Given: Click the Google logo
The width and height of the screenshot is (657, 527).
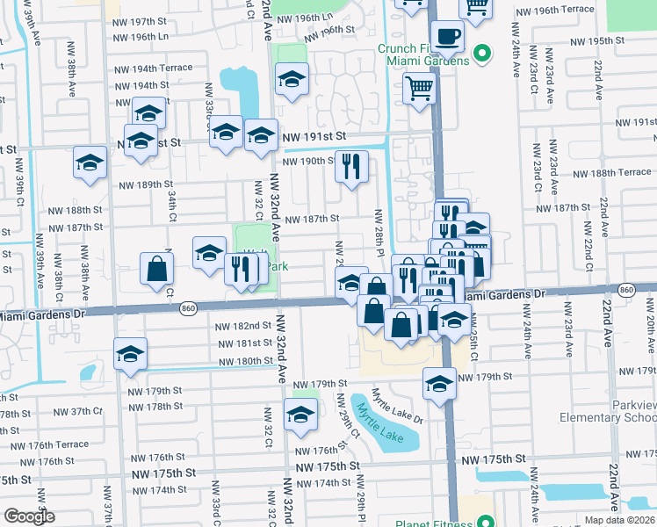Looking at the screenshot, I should pyautogui.click(x=29, y=516).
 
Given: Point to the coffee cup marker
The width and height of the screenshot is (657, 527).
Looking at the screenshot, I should pyautogui.click(x=448, y=36).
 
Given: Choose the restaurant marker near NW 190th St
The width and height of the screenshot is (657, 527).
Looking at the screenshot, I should pyautogui.click(x=351, y=166).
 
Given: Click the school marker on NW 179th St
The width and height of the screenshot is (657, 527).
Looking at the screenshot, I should pyautogui.click(x=440, y=384).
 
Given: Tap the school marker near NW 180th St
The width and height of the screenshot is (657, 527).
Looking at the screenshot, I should pyautogui.click(x=131, y=354).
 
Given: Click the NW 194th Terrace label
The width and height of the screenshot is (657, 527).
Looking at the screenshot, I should pyautogui.click(x=151, y=68).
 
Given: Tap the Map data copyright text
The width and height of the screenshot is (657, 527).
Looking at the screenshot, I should pyautogui.click(x=618, y=520).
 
